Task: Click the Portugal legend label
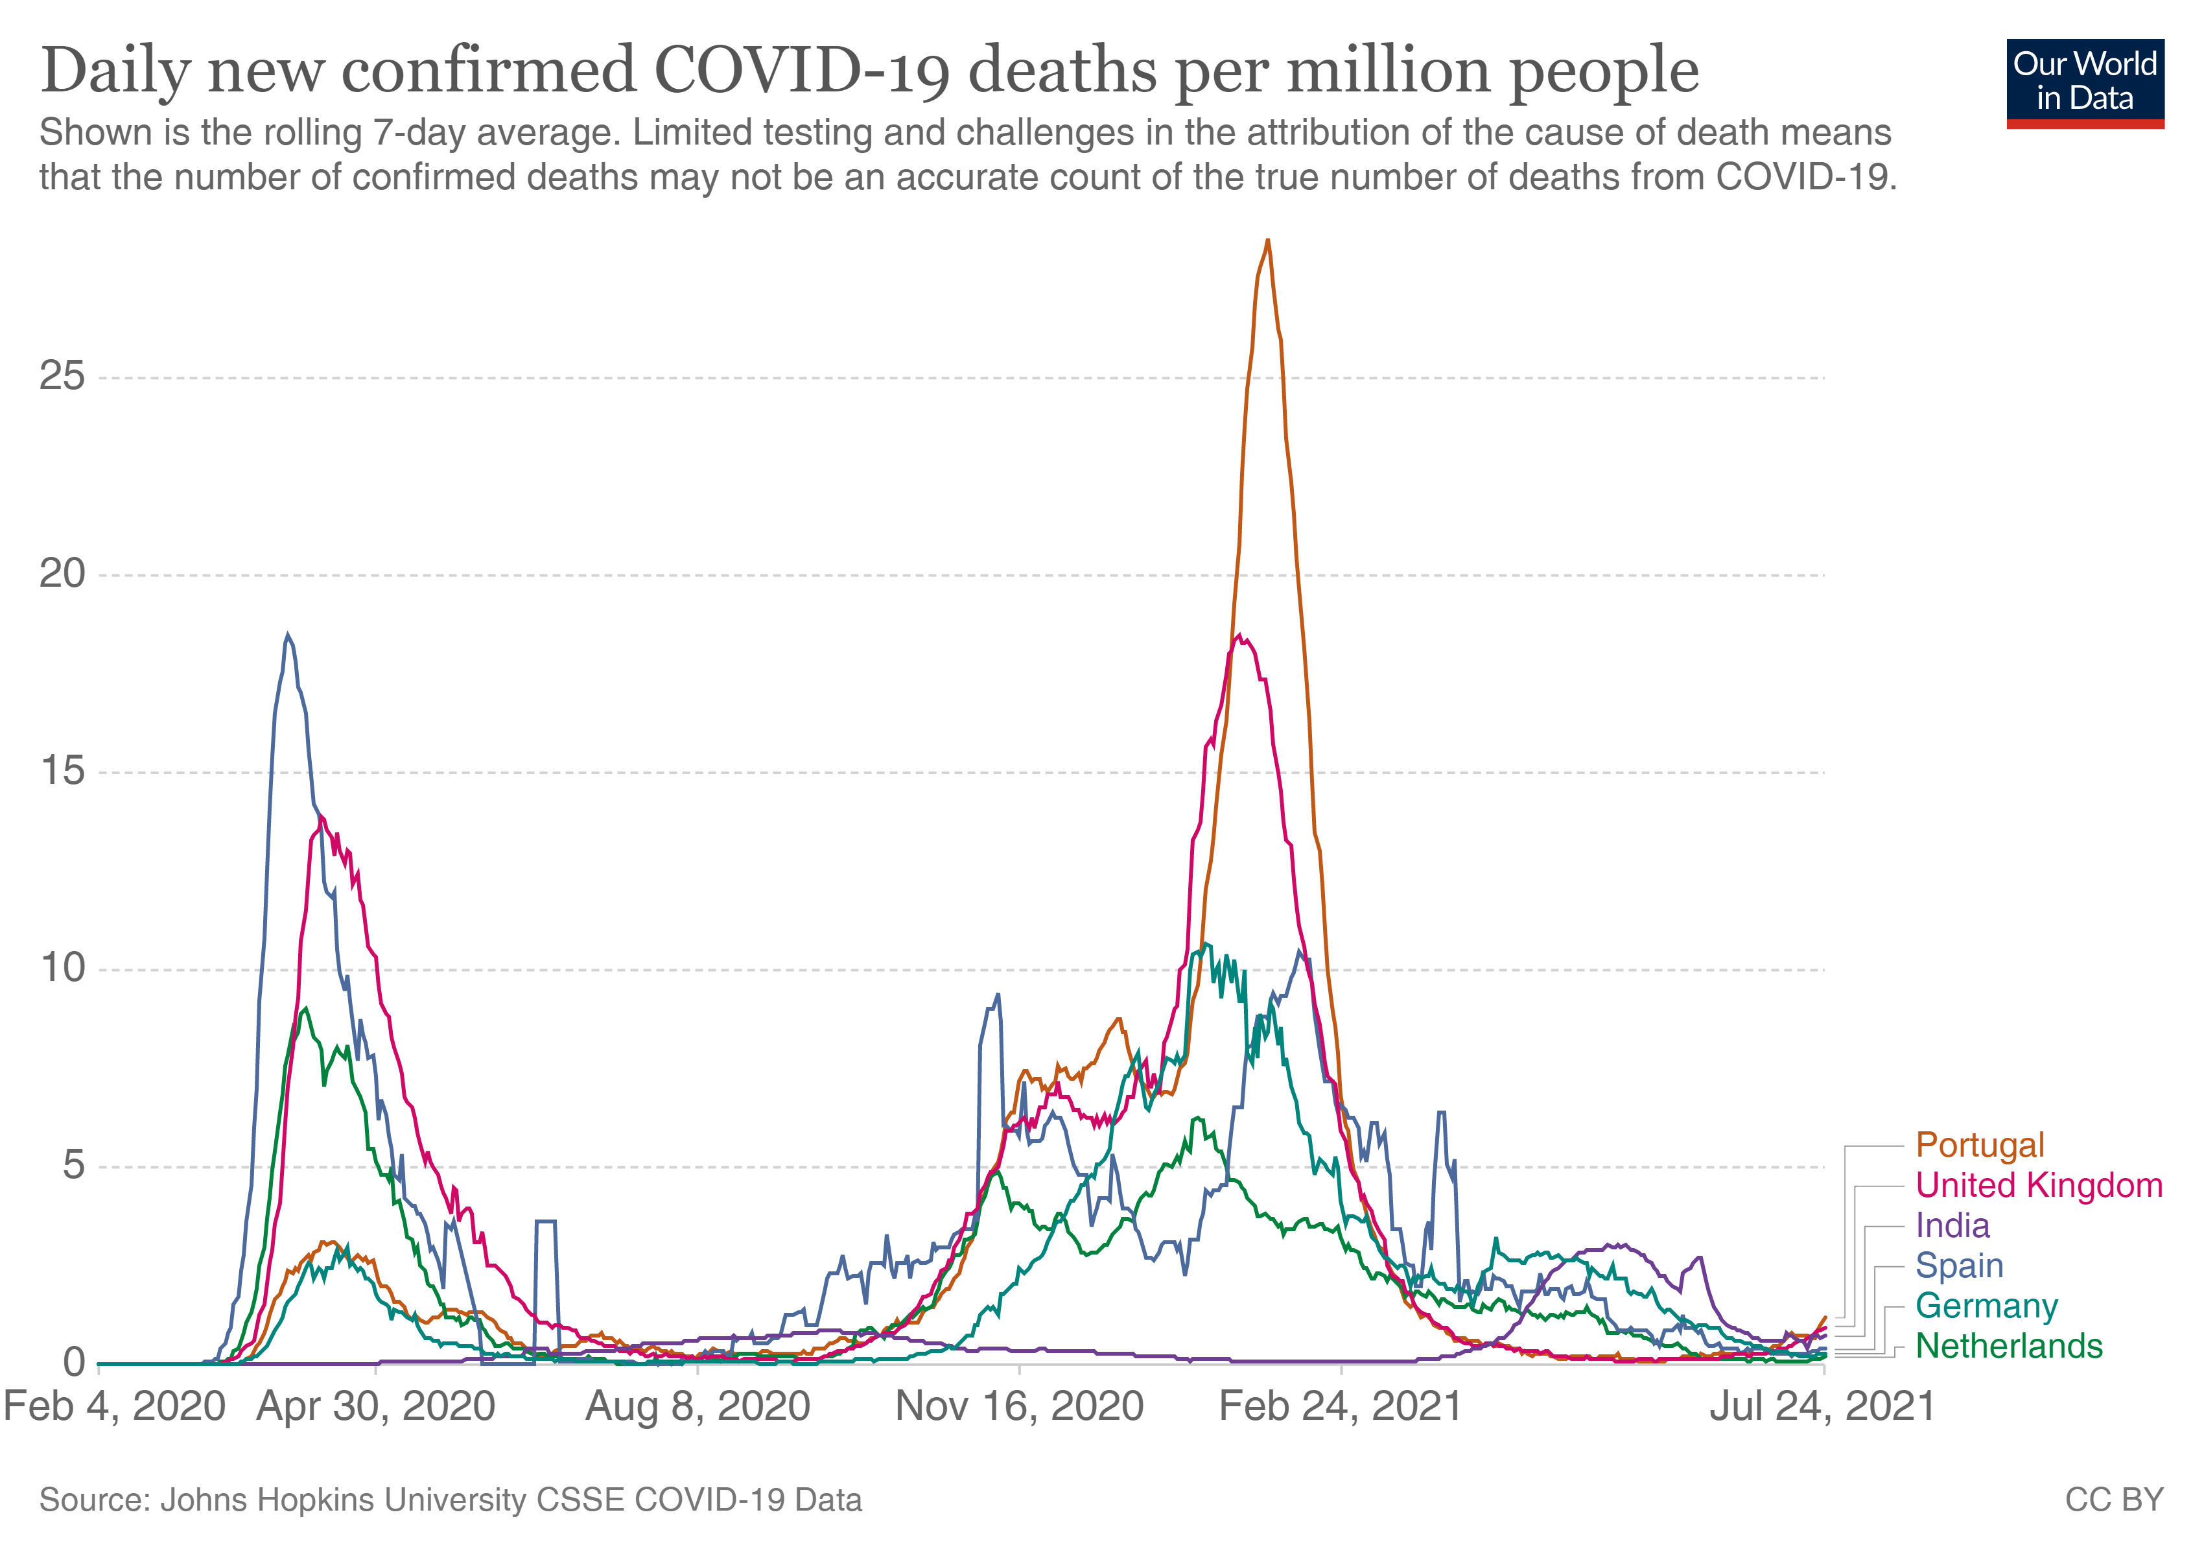(1979, 1145)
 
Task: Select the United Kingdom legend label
(2039, 1186)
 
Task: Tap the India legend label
(1952, 1226)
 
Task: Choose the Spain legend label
(1958, 1266)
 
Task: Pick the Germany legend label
(1986, 1306)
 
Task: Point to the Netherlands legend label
(2008, 1347)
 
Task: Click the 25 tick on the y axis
(62, 376)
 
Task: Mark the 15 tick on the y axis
(62, 772)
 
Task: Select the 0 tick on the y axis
(74, 1363)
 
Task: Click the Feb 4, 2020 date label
(114, 1408)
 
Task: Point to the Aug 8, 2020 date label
(698, 1408)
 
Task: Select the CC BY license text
(2114, 1500)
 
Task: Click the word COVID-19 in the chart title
(804, 71)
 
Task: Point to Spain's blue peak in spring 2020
(287, 635)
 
